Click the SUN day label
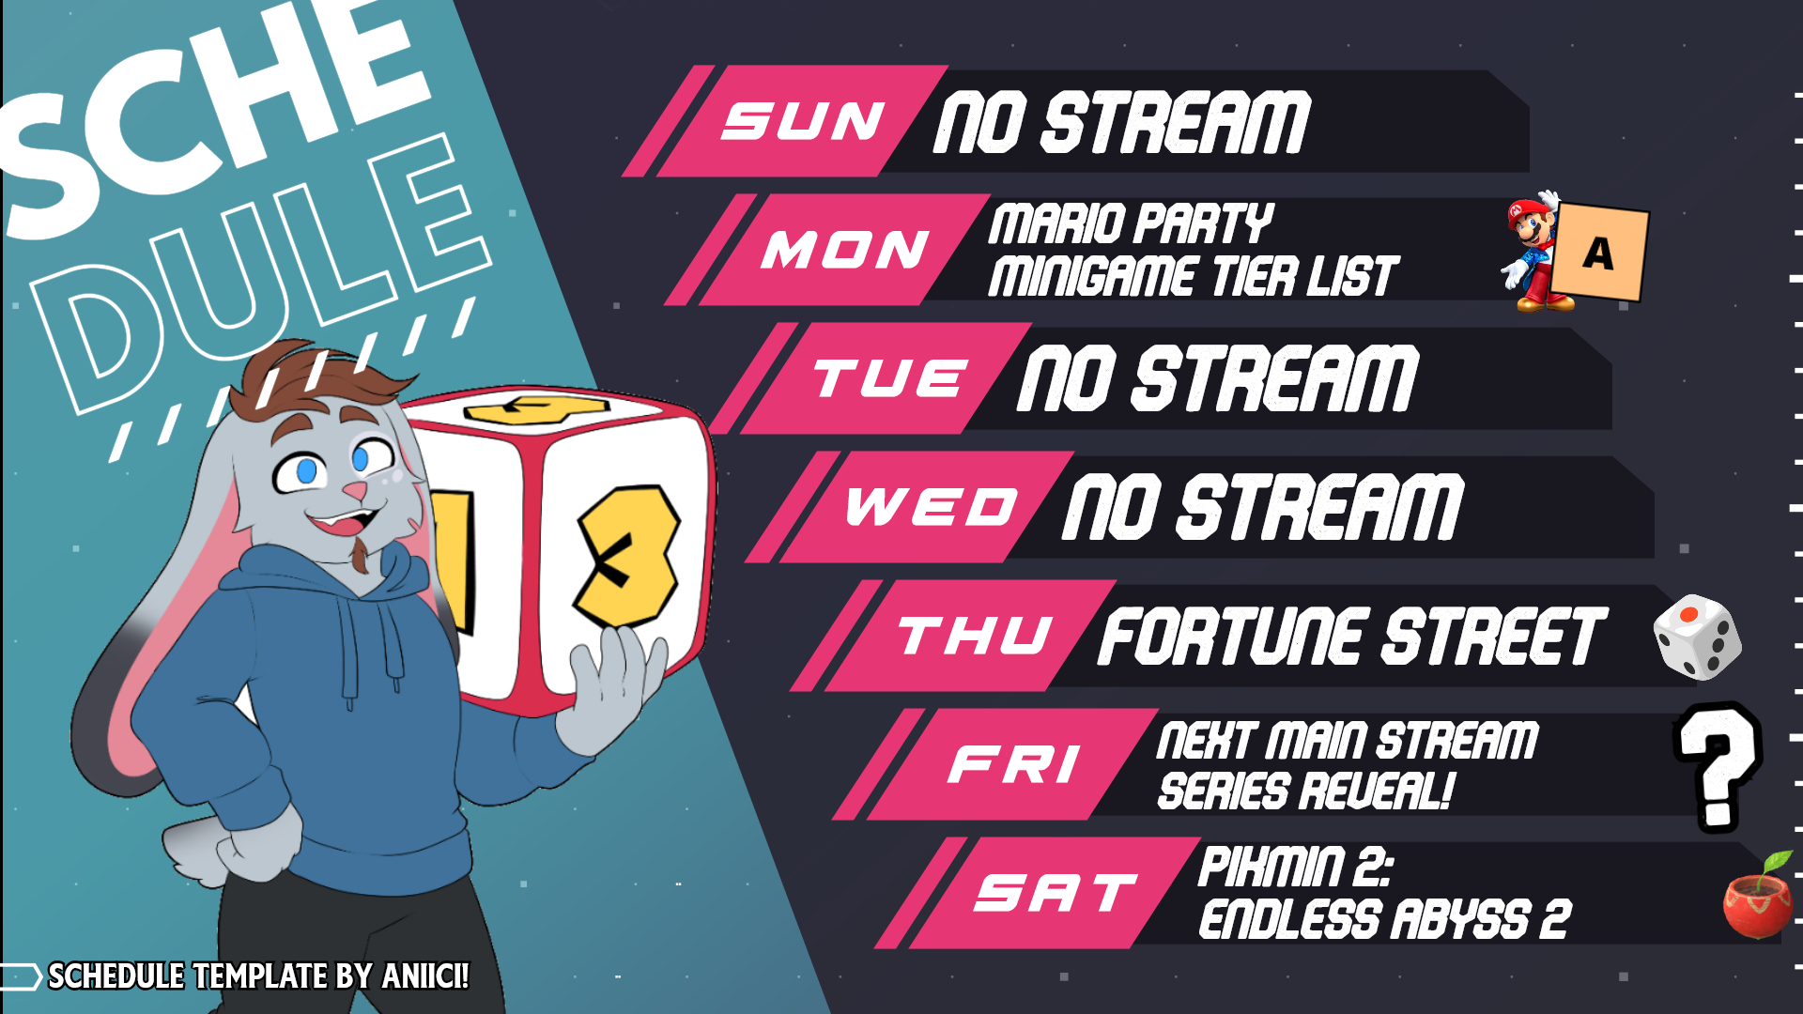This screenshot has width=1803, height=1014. [x=803, y=121]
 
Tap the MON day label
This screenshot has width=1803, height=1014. [x=845, y=250]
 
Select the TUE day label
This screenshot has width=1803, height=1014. [x=889, y=378]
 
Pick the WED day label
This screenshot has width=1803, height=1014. [x=932, y=507]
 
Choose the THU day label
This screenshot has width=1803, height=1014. [x=975, y=636]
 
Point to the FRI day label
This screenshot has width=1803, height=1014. [x=1014, y=763]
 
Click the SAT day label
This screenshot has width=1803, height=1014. [x=1056, y=892]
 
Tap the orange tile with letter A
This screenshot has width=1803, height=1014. [x=1599, y=252]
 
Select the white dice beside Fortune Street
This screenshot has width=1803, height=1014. [x=1698, y=637]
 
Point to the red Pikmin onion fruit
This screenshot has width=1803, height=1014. [x=1758, y=898]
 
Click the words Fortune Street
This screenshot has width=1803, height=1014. [x=1353, y=637]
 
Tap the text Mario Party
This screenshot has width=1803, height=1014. [x=1131, y=225]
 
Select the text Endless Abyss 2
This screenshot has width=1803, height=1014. [x=1384, y=918]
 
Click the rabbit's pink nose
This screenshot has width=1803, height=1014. [x=354, y=490]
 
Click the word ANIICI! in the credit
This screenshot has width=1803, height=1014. [x=425, y=976]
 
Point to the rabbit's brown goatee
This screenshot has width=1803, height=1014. [x=360, y=554]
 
